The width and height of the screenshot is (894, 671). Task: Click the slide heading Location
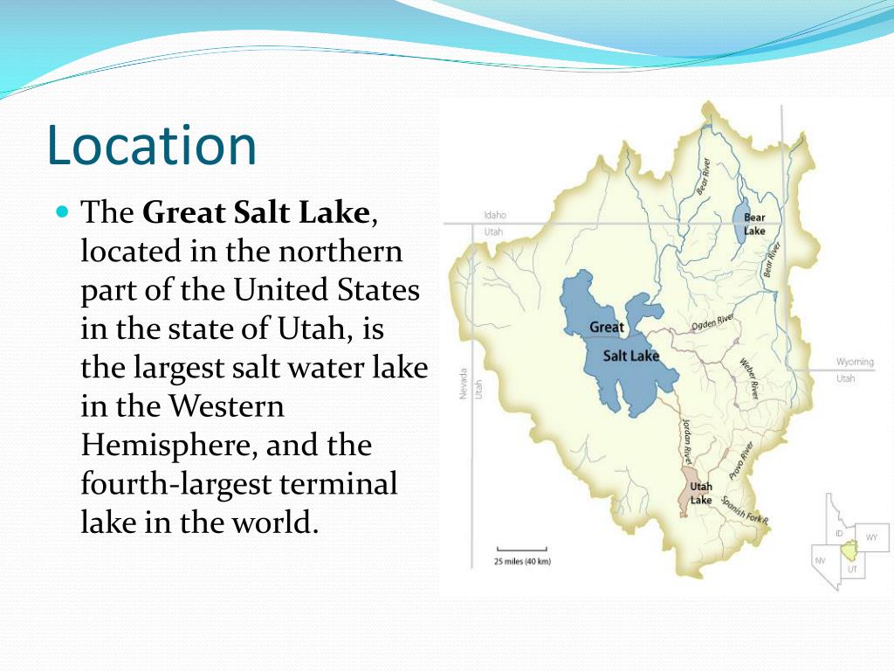click(152, 146)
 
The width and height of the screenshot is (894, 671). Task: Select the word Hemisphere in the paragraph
click(166, 446)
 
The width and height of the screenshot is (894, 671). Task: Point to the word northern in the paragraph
click(340, 252)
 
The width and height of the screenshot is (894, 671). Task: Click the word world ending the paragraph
click(265, 522)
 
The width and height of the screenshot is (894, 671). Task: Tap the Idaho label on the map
click(495, 216)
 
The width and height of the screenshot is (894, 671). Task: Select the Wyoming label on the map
click(855, 362)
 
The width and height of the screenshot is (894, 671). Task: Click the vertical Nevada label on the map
click(464, 384)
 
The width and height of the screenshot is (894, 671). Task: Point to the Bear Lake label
click(755, 224)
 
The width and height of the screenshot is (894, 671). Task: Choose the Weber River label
click(749, 378)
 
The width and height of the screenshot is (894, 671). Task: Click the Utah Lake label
click(701, 494)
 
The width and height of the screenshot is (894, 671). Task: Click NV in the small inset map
click(821, 559)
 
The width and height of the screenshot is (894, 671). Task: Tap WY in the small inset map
click(871, 536)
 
